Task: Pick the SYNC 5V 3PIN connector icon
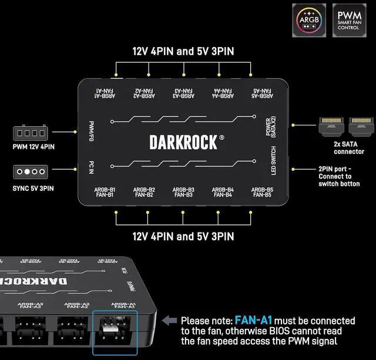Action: [33, 172]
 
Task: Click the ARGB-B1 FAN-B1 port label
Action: [105, 192]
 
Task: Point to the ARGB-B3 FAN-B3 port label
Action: [183, 192]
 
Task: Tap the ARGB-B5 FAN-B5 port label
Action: [261, 192]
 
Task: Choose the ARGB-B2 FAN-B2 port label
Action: [144, 192]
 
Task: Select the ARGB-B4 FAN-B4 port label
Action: [223, 192]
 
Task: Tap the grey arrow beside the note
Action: [170, 321]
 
